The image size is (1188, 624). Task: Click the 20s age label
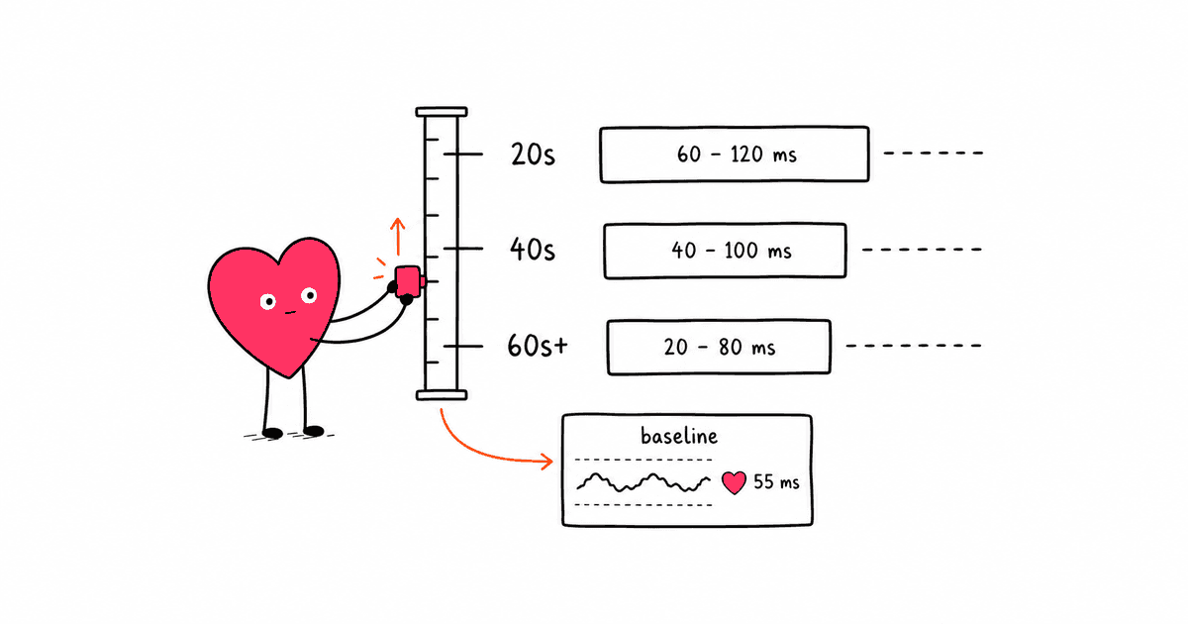pos(533,155)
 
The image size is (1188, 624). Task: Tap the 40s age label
pos(533,249)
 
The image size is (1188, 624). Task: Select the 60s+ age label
pos(538,346)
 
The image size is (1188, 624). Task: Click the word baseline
pos(679,436)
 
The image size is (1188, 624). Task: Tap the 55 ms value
pos(776,481)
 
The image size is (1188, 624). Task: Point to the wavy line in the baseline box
pos(643,482)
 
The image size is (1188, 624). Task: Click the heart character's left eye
pos(268,302)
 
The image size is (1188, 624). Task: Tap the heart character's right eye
pos(309,295)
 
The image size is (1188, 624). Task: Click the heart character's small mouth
pos(290,313)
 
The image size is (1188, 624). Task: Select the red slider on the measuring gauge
pos(408,280)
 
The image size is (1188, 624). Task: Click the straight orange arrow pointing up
pos(398,236)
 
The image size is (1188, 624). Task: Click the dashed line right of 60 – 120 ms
pos(934,153)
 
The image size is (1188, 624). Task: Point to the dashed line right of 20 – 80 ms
pos(914,346)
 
